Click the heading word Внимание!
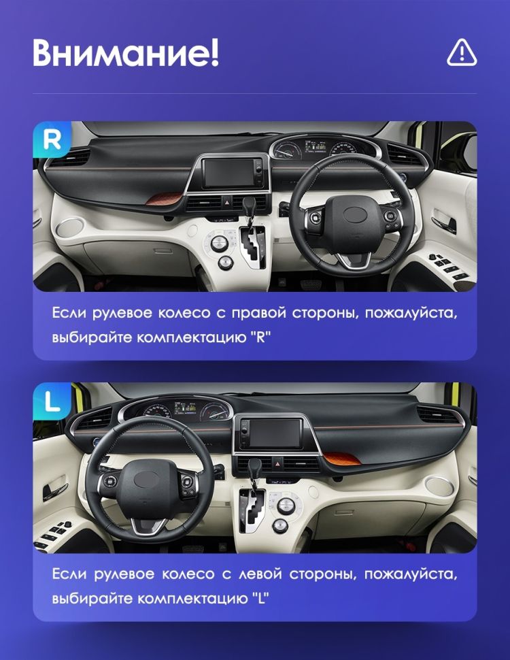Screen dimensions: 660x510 126,54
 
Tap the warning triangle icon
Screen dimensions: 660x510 462,52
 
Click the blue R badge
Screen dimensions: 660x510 52,140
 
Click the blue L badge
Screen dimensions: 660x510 52,401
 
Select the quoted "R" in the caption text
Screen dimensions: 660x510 259,337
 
